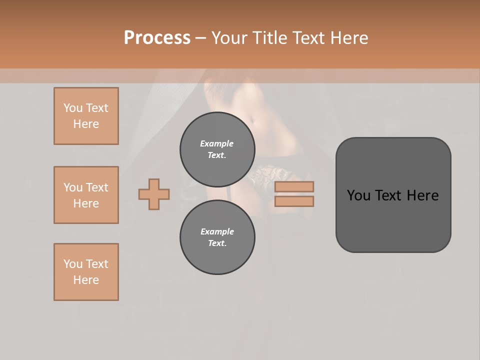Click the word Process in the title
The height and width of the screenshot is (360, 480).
(157, 38)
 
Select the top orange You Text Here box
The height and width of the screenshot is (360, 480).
(86, 116)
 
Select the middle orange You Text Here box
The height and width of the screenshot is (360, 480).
(86, 195)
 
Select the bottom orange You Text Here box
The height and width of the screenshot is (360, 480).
(86, 272)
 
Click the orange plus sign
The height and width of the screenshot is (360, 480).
(154, 194)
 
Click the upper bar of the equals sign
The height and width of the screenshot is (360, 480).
(294, 186)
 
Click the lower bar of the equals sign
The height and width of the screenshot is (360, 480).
(294, 201)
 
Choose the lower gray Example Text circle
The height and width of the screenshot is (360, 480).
(217, 237)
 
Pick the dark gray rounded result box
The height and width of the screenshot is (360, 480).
(393, 195)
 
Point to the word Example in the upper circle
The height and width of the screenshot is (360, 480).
(217, 143)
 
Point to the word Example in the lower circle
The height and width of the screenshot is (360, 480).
(217, 231)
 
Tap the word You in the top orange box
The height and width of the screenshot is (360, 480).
(72, 108)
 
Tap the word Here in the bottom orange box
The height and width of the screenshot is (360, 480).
(86, 280)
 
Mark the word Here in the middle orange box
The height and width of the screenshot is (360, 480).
(86, 203)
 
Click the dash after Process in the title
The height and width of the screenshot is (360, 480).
(200, 38)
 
